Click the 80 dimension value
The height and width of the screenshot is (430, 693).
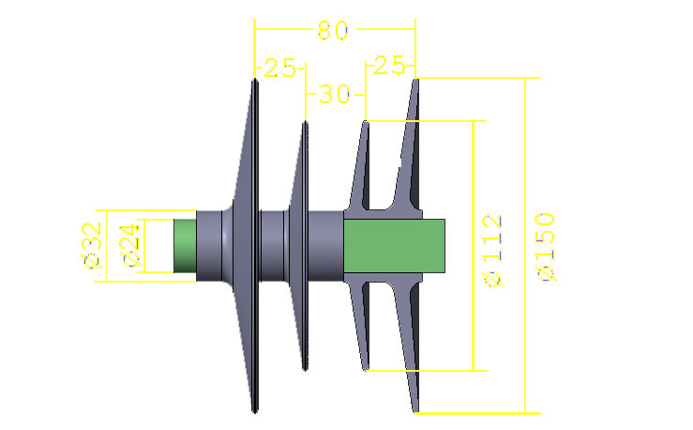(x=333, y=31)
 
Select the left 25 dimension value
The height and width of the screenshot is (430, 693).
(x=279, y=69)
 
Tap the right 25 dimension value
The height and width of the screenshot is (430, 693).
(x=389, y=66)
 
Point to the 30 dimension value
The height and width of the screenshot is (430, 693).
(x=335, y=94)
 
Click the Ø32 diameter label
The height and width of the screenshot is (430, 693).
(x=92, y=246)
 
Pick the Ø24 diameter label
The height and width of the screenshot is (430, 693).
(x=130, y=246)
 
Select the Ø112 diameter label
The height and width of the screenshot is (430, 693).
(x=493, y=252)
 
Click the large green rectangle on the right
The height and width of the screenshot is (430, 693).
(x=394, y=246)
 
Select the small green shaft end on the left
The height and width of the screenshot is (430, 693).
(x=185, y=246)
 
